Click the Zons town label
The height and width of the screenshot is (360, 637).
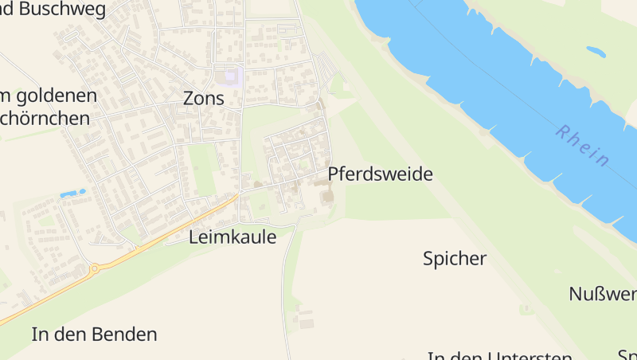204,99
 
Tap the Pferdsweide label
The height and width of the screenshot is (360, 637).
380,174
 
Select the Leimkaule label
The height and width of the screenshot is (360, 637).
233,237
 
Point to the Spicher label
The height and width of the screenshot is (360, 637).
455,258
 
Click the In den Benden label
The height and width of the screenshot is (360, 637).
94,334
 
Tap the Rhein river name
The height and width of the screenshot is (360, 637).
583,146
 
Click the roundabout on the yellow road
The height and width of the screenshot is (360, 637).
94,269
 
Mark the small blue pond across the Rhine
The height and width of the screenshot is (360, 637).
596,52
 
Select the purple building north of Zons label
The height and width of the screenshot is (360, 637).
232,77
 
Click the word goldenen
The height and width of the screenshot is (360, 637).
54,96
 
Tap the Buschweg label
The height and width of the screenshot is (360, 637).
49,10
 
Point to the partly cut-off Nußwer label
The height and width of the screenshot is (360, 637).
603,294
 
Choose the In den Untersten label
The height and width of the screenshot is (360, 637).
499,356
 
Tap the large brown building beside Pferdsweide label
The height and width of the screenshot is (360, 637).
327,194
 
